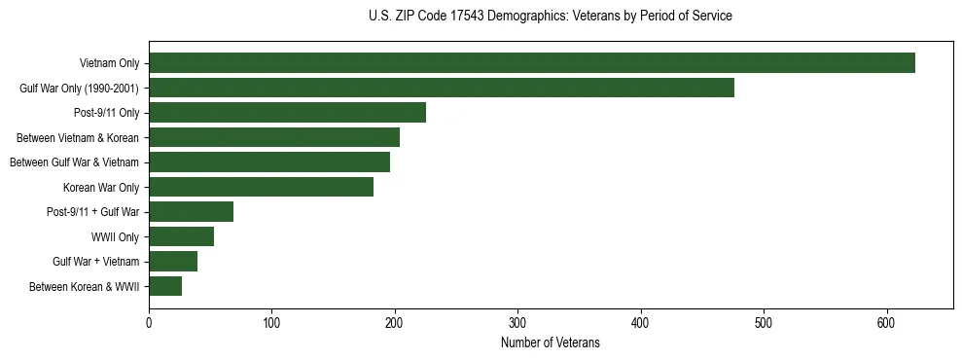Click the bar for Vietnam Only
(531, 63)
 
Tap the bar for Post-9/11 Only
(287, 113)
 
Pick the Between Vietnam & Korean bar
(273, 137)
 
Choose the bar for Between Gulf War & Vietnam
(268, 162)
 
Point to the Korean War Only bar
(261, 187)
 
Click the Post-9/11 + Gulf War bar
(191, 212)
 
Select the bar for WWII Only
(181, 236)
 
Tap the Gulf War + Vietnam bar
(173, 262)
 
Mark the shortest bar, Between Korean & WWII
(165, 286)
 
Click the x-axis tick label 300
(517, 324)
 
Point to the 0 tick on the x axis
(149, 324)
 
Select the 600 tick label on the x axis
(886, 324)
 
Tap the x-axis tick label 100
(271, 324)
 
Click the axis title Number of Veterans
(550, 343)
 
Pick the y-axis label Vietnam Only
(109, 63)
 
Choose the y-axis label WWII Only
(115, 236)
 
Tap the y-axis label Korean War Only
(101, 187)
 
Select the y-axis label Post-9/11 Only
(106, 113)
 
